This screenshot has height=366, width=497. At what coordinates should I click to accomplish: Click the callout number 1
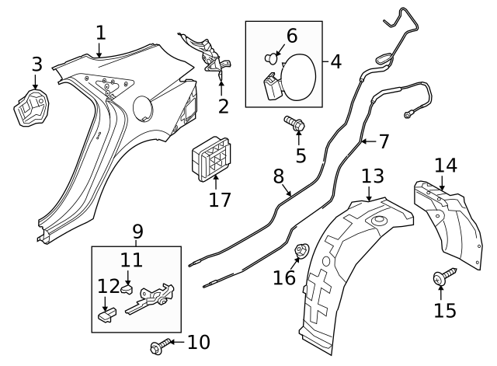pos(100,33)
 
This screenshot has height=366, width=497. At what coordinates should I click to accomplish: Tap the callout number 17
pos(220,199)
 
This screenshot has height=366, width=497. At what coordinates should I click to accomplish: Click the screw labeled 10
pos(162,342)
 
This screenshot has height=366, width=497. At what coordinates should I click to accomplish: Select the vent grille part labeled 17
pos(206,161)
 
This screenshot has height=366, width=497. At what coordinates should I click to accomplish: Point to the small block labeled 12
pos(107,314)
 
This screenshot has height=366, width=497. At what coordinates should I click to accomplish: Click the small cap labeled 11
pos(127,289)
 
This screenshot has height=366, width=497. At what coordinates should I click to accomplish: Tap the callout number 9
pos(137,231)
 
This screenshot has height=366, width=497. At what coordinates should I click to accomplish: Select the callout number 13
pos(373,176)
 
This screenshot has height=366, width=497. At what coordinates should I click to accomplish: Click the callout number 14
pos(446,165)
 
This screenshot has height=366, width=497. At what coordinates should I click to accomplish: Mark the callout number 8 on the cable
pos(279,176)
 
